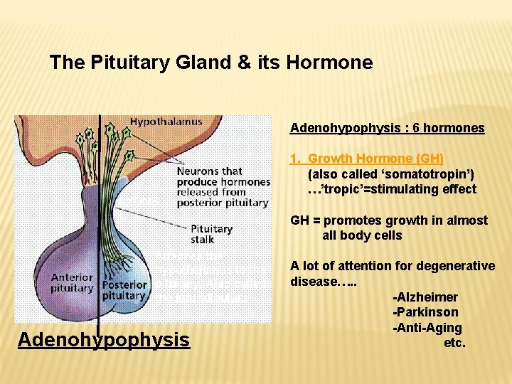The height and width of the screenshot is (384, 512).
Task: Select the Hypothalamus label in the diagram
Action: point(166,122)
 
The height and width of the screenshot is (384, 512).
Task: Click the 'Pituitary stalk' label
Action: point(211,234)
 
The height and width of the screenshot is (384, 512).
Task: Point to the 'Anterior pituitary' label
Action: point(72,282)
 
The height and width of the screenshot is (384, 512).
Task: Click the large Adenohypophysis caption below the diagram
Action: point(104,339)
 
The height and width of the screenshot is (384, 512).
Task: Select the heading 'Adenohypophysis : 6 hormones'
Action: point(387,129)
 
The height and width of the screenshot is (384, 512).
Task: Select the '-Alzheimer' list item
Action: point(425,297)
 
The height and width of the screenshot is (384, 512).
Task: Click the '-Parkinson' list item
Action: point(425,313)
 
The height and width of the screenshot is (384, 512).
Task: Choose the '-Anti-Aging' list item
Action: point(427,328)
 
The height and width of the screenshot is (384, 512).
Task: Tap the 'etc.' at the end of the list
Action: point(454,343)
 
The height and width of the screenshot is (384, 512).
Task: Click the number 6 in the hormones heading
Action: point(425,129)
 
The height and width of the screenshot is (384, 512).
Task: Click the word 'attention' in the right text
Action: point(350,266)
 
